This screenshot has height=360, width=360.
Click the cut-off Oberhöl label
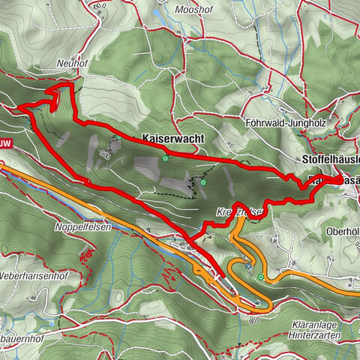(x=343, y=232)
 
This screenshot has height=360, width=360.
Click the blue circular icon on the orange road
(x=247, y=266)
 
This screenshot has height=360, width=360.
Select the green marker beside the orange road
(x=261, y=278)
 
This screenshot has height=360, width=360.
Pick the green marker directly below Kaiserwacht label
(x=165, y=158)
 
